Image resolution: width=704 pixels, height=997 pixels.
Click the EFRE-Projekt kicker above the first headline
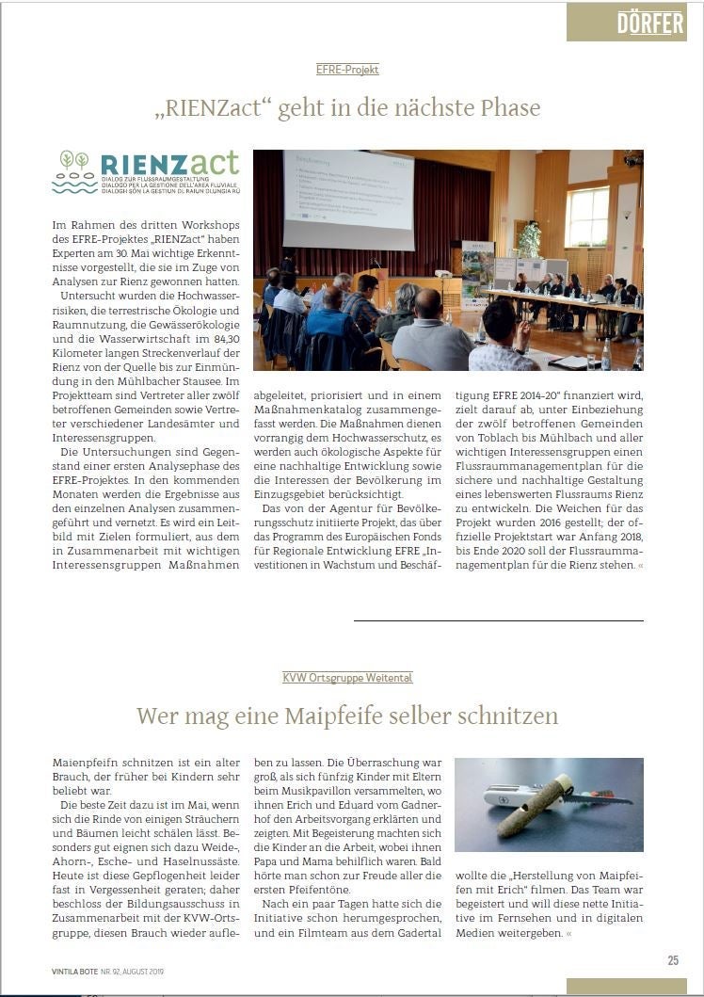(x=347, y=70)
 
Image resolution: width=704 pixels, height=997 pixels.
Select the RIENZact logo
(x=146, y=171)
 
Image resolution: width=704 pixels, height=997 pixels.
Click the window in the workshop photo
(x=587, y=216)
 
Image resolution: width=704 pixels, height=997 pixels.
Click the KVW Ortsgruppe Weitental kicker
(x=347, y=678)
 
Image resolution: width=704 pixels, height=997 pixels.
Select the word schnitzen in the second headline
(x=508, y=716)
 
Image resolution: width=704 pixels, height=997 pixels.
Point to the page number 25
(x=673, y=960)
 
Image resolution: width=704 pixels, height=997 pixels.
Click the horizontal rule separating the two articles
(x=499, y=620)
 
